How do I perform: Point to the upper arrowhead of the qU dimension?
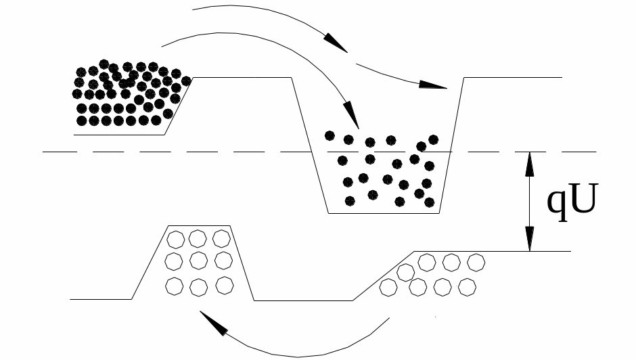529,164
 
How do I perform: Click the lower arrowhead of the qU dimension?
529,239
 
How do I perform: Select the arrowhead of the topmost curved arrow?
336,42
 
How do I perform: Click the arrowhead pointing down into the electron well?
351,114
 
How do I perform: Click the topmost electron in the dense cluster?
104,64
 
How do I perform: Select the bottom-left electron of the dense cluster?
81,120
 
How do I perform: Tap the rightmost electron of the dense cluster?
186,81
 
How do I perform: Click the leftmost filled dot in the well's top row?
330,135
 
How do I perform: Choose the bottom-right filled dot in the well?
430,202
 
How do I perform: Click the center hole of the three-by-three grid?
198,261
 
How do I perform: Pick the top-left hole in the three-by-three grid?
176,240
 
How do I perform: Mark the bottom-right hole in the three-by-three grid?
225,286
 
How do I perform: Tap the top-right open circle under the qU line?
476,263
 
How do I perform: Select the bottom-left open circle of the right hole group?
388,288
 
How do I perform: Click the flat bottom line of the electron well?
384,213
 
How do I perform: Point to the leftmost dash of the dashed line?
60,152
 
